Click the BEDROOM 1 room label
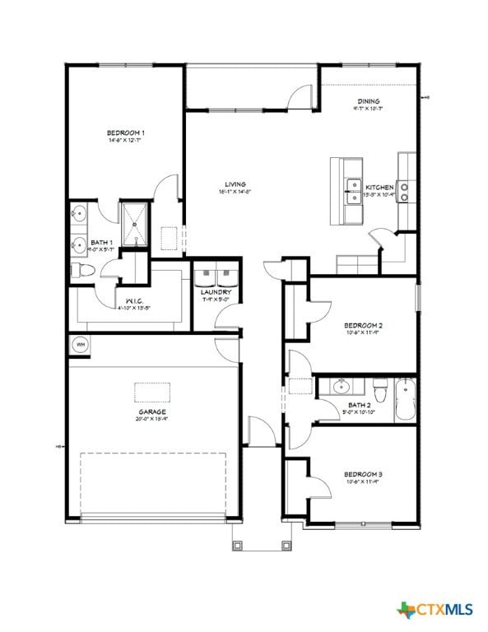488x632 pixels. coord(126,132)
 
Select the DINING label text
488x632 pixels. coord(368,101)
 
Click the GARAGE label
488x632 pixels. coord(152,411)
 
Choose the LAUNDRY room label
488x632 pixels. coord(216,292)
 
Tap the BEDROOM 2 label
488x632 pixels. coord(363,326)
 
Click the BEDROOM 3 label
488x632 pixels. coord(363,475)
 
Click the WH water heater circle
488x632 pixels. coord(81,345)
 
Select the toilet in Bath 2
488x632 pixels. coord(379,384)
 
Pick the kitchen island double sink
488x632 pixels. coord(354,191)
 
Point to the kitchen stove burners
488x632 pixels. coord(405,192)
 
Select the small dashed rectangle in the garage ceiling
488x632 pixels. coord(153,393)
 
